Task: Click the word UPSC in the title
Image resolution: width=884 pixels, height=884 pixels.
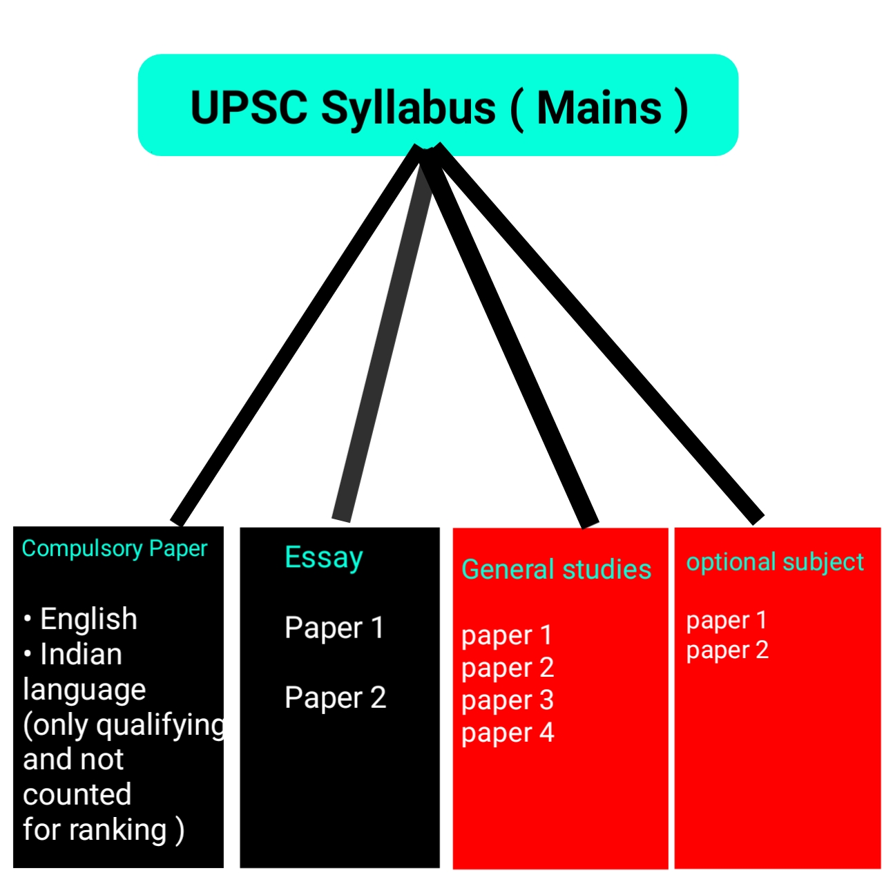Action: [249, 108]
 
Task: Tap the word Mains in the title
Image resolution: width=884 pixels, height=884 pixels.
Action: [599, 108]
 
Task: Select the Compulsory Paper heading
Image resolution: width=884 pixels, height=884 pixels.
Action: [115, 548]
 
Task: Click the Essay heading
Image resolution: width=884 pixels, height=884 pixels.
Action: [323, 558]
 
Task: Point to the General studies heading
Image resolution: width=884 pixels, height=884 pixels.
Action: [556, 570]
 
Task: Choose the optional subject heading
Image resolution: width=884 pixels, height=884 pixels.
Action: [774, 562]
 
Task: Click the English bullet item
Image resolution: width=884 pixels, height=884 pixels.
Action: [88, 619]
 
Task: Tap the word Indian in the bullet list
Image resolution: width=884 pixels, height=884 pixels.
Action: [81, 654]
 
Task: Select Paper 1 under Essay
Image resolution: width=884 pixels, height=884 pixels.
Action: [334, 628]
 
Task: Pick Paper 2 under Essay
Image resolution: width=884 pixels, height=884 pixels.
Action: [335, 698]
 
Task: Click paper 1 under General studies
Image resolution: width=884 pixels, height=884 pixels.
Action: [507, 635]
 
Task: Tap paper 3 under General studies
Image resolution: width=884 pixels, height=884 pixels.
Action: [508, 700]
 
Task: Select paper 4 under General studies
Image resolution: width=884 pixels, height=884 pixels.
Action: [508, 733]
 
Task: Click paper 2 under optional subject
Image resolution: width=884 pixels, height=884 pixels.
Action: [727, 651]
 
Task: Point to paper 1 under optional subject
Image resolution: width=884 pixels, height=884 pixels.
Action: [727, 620]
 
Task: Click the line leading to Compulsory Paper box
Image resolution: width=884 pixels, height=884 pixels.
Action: [297, 335]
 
